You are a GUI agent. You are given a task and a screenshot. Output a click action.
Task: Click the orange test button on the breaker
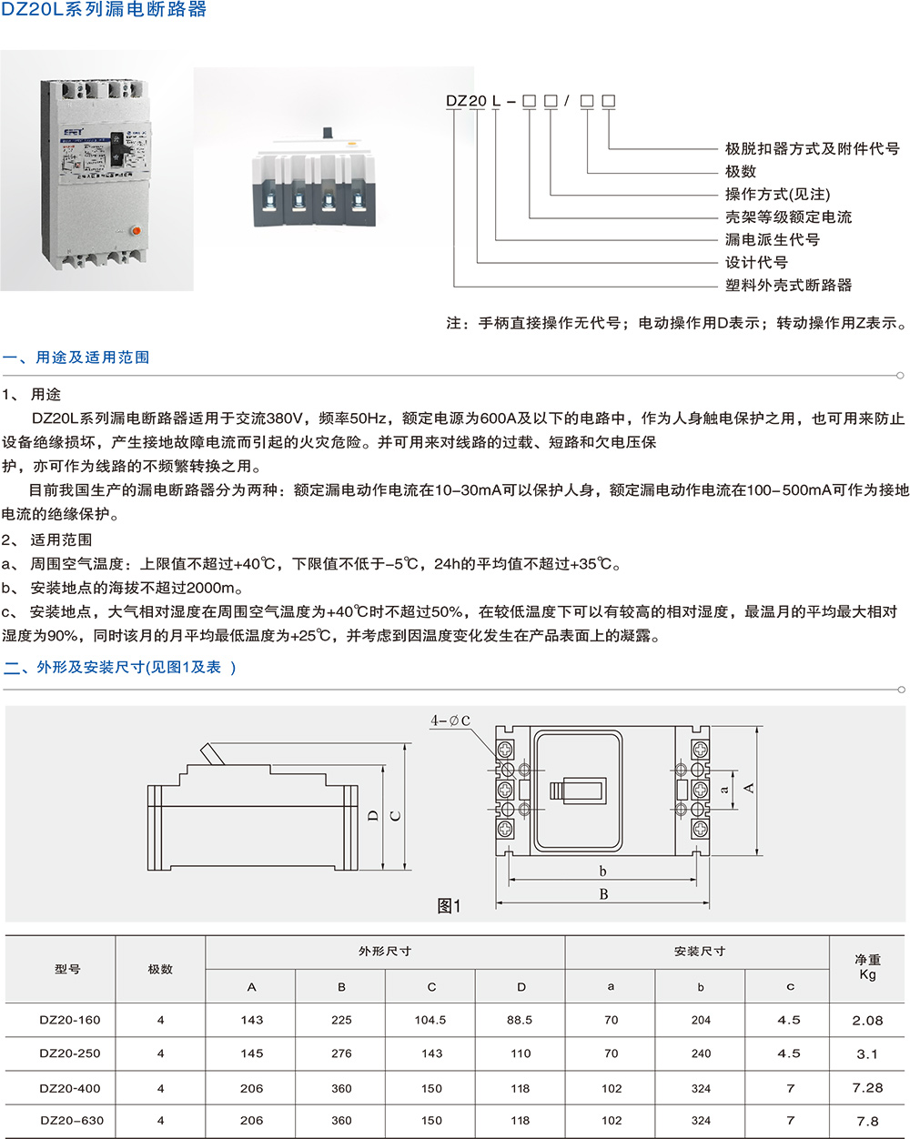tap(136, 230)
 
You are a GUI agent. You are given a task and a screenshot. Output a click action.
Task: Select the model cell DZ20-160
tap(70, 1020)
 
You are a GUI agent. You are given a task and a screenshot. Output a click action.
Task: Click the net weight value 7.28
tap(867, 1088)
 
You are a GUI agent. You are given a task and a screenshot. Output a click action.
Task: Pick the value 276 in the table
tap(341, 1053)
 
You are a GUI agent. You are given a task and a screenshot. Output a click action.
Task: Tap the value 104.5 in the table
tap(430, 1020)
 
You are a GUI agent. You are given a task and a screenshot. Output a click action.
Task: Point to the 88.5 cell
tap(520, 1020)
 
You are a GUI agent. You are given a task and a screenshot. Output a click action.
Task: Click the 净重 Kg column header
tap(867, 967)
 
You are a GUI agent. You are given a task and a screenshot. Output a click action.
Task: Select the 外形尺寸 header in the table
tap(385, 952)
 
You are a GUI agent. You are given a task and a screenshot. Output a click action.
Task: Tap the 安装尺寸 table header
tap(699, 952)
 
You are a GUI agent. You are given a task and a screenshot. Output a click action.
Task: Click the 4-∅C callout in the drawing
tap(450, 721)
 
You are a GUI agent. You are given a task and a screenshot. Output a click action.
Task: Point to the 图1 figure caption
tap(450, 906)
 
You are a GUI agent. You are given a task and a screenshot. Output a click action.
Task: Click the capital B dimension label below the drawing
tap(603, 894)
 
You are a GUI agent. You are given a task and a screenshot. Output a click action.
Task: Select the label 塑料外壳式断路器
tap(788, 286)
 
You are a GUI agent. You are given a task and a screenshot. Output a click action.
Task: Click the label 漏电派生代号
tap(772, 240)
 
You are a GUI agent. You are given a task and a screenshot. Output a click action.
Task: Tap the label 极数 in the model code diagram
tap(741, 172)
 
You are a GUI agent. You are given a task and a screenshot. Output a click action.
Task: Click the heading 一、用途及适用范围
tap(76, 358)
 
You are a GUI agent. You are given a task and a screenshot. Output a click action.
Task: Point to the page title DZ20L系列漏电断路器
tap(104, 11)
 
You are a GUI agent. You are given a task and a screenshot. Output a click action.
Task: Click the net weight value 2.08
tap(867, 1021)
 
